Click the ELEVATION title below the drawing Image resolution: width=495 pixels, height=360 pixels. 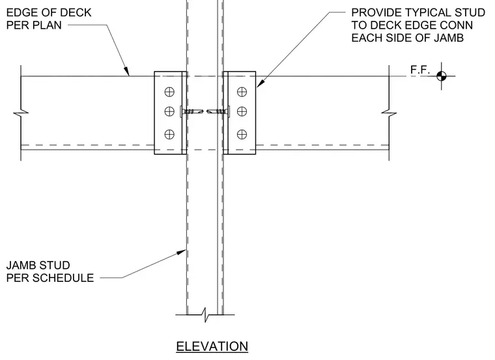coord(212,346)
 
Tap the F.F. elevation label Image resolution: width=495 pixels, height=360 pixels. coord(420,70)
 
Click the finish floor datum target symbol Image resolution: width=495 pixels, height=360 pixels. coord(442,76)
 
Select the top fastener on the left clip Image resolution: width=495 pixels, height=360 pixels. coord(169,92)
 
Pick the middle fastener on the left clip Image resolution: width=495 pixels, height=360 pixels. coord(169,111)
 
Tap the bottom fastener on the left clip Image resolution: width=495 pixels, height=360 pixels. coord(169,134)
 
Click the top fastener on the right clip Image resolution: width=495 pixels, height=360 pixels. coord(242,92)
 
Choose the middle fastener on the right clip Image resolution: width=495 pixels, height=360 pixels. coord(242,111)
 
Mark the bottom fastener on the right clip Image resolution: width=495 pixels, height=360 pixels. coord(242,134)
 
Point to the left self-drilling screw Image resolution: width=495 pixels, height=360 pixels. coord(191,111)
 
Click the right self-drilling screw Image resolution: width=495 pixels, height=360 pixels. coord(218,111)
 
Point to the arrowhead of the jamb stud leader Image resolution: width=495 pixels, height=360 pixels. coord(181,252)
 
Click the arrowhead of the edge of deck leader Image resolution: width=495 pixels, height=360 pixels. coord(126,72)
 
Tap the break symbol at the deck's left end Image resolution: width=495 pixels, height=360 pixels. coord(21,113)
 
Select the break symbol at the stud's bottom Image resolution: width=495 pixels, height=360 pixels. coord(205,315)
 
